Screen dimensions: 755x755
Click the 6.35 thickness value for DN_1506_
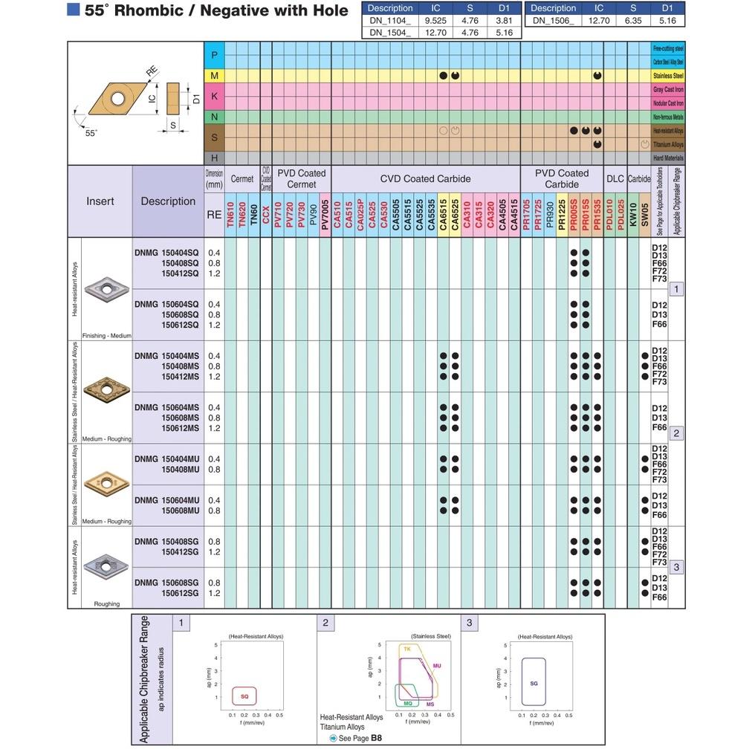point(634,21)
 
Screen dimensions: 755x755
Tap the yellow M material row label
point(214,76)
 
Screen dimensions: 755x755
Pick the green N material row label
point(214,117)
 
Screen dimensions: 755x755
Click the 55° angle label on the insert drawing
point(91,133)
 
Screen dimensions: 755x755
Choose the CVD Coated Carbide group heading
point(425,179)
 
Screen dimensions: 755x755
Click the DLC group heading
point(615,179)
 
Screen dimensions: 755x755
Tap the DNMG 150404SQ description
point(166,253)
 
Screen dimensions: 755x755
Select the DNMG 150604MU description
point(166,500)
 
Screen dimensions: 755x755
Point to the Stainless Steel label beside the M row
point(668,76)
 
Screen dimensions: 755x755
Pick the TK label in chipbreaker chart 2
point(407,649)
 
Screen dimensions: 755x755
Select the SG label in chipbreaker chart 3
point(534,683)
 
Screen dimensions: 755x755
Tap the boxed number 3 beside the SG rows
point(675,567)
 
